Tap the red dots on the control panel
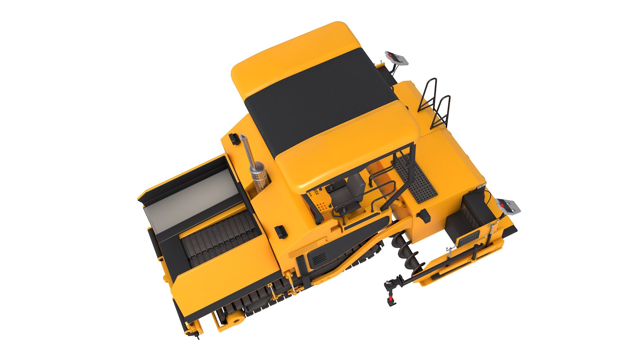pos(322,206)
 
